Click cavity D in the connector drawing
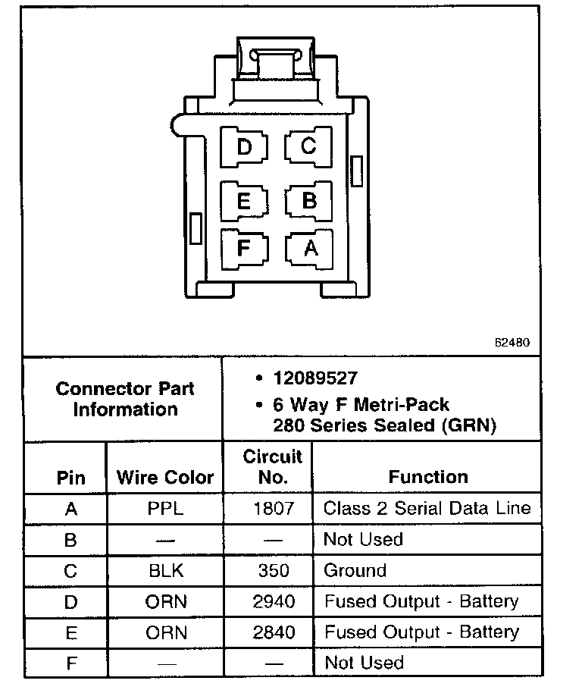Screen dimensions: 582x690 coord(244,146)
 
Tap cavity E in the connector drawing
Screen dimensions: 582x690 coord(244,202)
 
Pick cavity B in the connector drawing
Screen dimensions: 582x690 coord(309,201)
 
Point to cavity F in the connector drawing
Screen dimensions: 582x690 coord(244,249)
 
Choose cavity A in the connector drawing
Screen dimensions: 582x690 coord(310,249)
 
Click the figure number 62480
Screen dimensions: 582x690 coord(512,343)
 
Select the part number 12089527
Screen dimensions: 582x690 coord(316,378)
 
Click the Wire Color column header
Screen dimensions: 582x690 coord(165,478)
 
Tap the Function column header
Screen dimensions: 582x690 coord(428,477)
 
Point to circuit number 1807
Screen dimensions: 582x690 coord(273,508)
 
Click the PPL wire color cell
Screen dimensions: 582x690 coord(165,508)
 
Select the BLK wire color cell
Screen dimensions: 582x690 coord(165,571)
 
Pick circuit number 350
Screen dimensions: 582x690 coord(273,571)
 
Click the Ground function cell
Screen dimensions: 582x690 coord(355,571)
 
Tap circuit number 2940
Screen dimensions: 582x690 coord(273,602)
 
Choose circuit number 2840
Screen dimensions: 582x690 coord(273,632)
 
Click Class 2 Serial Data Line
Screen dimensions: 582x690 coord(427,508)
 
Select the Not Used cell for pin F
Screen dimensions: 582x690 coord(364,663)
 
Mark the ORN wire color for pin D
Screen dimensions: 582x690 coord(165,602)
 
